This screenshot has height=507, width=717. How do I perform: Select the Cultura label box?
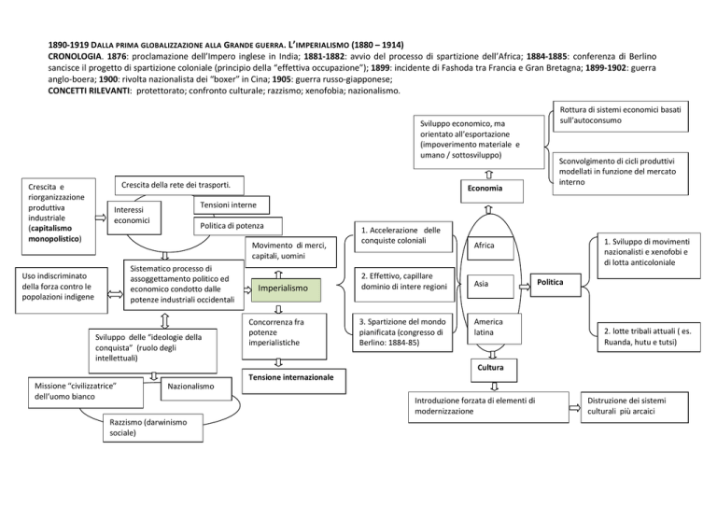(491, 368)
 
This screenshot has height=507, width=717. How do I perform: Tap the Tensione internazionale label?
(292, 377)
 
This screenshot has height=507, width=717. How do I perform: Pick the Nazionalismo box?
(194, 387)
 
